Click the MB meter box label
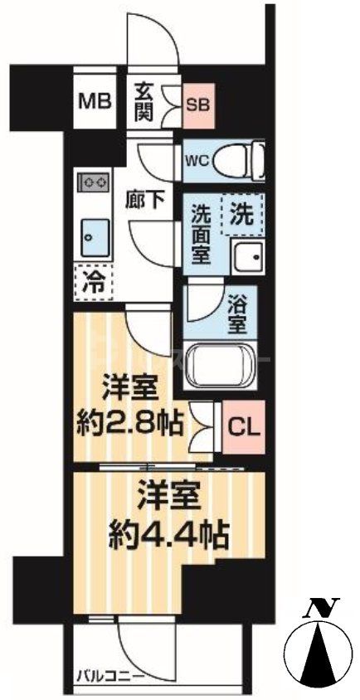click(95, 102)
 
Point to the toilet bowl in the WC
click(246, 156)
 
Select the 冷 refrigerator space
click(93, 281)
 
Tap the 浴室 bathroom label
click(236, 309)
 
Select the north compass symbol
click(315, 654)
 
